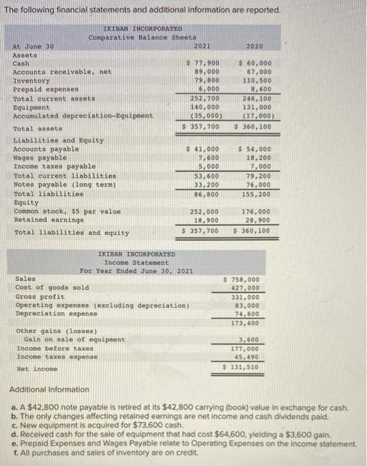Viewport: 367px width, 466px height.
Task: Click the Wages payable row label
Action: tap(39, 157)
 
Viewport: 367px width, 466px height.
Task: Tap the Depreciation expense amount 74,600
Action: tap(247, 312)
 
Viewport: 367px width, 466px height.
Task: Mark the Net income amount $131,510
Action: tap(244, 367)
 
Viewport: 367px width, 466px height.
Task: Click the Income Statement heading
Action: tap(137, 262)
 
